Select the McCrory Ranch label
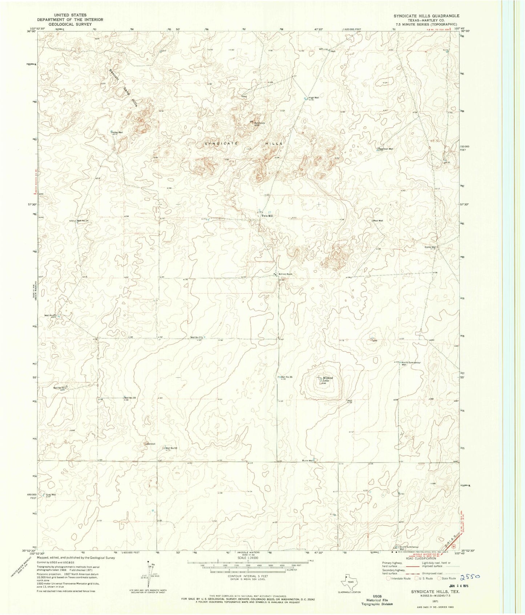tap(285, 274)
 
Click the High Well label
tap(314, 97)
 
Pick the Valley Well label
tap(117, 132)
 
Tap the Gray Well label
tap(51, 494)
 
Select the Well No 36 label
tap(286, 377)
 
